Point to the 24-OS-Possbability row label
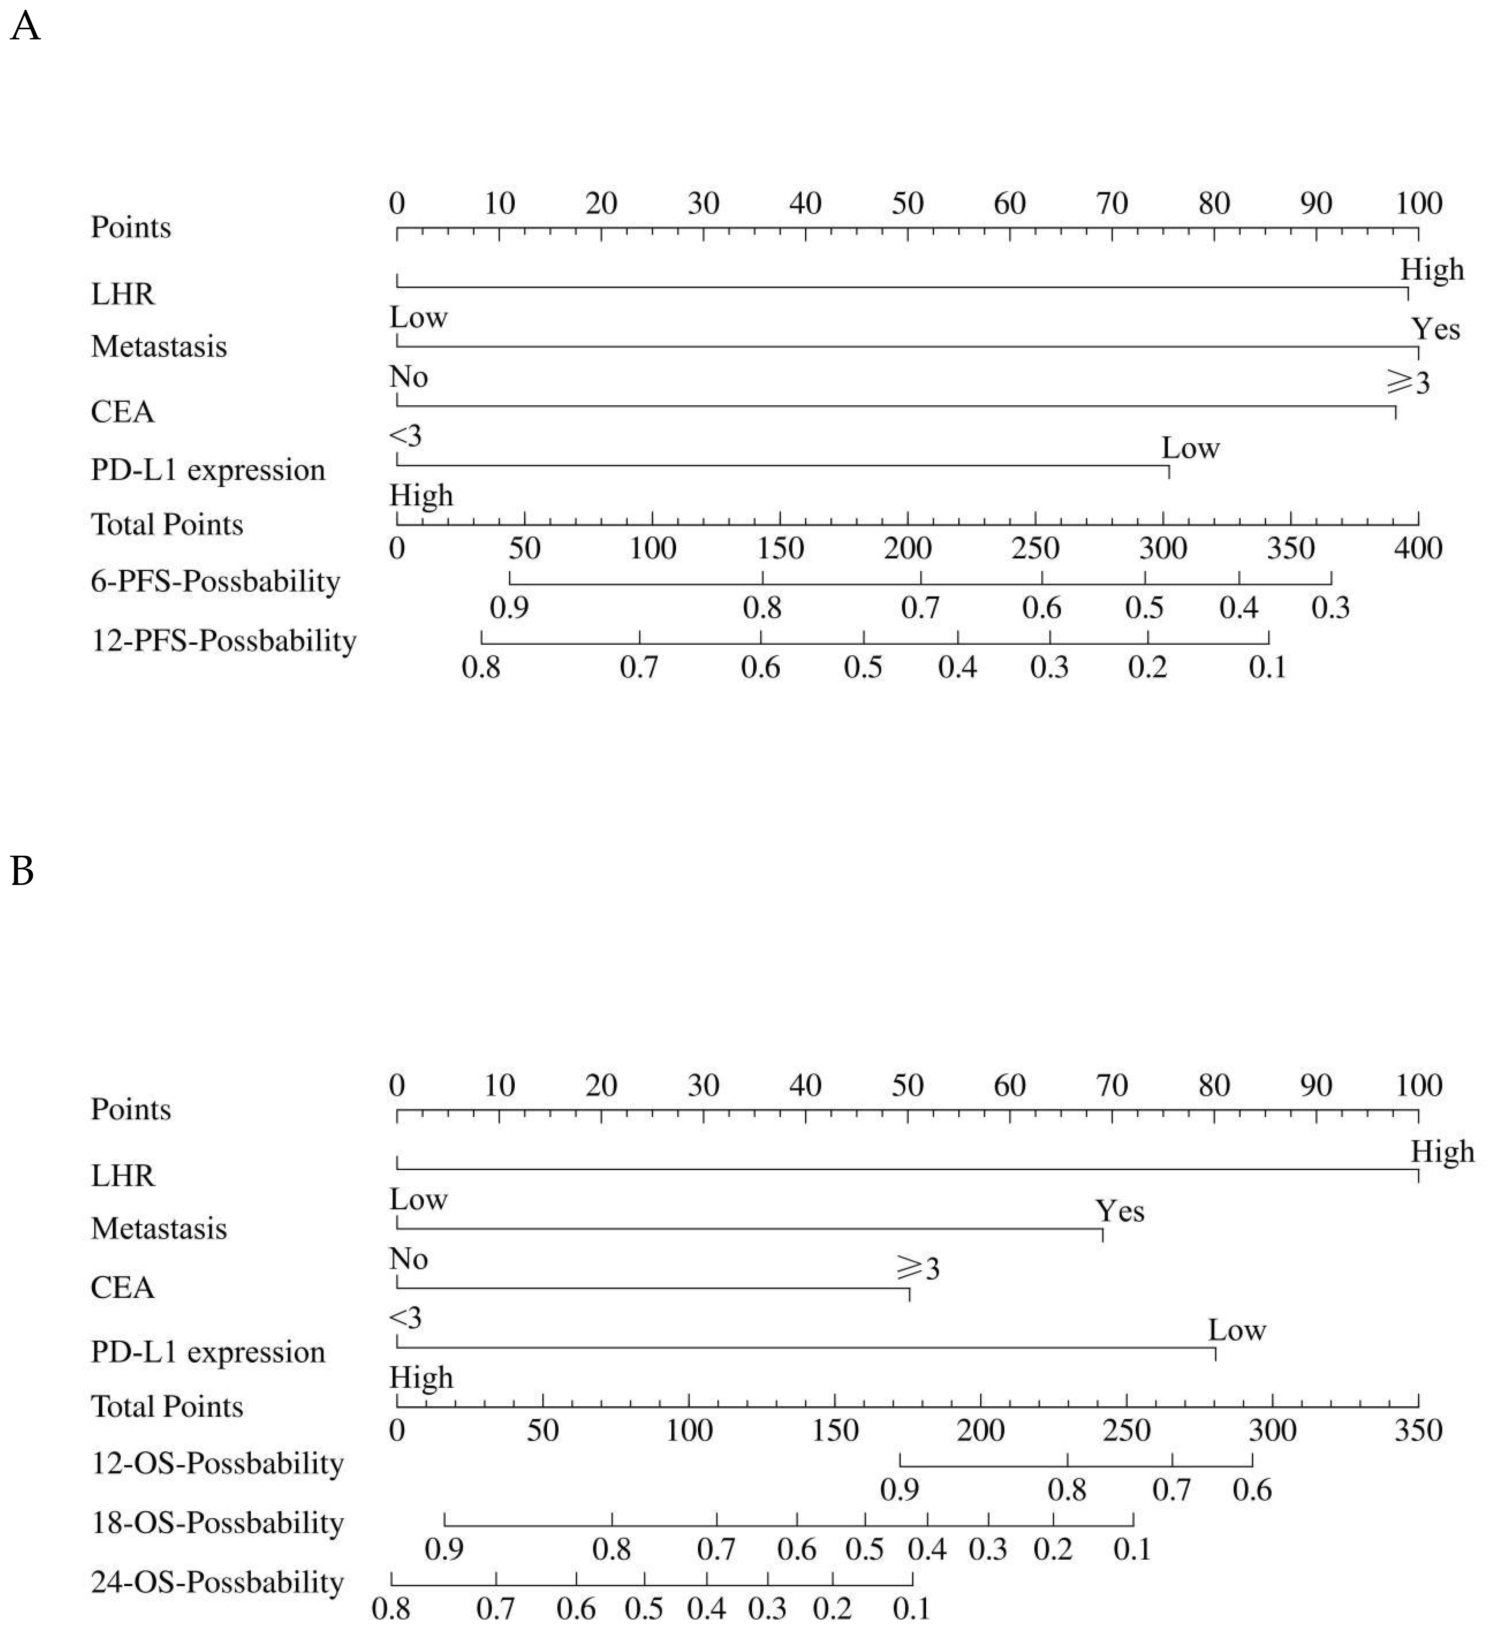217,1582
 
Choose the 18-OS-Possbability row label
217,1523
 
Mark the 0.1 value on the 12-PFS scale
1267,667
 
